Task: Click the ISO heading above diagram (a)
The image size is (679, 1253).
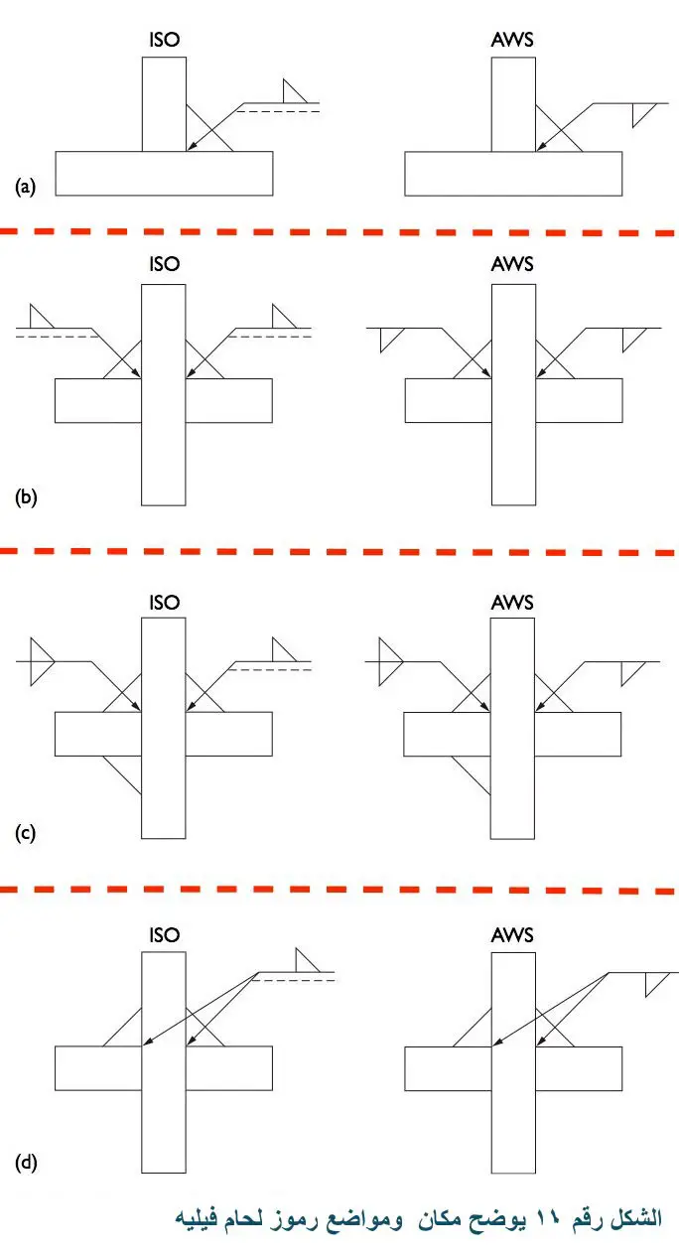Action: pyautogui.click(x=165, y=40)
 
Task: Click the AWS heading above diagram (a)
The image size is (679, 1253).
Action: pyautogui.click(x=512, y=40)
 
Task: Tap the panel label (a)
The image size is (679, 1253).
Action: pyautogui.click(x=25, y=187)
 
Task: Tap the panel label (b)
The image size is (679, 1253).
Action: pyautogui.click(x=26, y=496)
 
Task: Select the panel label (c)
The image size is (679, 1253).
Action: pyautogui.click(x=25, y=833)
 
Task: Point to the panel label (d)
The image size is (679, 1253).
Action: pyautogui.click(x=26, y=1163)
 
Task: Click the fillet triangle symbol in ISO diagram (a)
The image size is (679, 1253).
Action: pyautogui.click(x=294, y=91)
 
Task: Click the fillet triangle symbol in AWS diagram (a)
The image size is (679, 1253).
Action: pyautogui.click(x=643, y=115)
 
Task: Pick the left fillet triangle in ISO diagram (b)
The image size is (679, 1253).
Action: pyautogui.click(x=42, y=316)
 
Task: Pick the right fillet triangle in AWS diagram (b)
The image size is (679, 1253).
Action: pyautogui.click(x=634, y=341)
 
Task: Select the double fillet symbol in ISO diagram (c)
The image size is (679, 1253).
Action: pyautogui.click(x=42, y=661)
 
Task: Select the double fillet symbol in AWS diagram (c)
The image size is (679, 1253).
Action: pyautogui.click(x=390, y=661)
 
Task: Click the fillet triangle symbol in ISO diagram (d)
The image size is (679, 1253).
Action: pyautogui.click(x=307, y=960)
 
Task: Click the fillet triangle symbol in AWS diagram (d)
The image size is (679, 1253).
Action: pyautogui.click(x=657, y=985)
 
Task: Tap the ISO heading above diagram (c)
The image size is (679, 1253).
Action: pyautogui.click(x=165, y=603)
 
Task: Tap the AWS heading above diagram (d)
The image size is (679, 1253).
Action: pyautogui.click(x=512, y=934)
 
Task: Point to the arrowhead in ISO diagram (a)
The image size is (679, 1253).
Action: pyautogui.click(x=192, y=146)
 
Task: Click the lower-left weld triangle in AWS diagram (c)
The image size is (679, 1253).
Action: pyautogui.click(x=471, y=775)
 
